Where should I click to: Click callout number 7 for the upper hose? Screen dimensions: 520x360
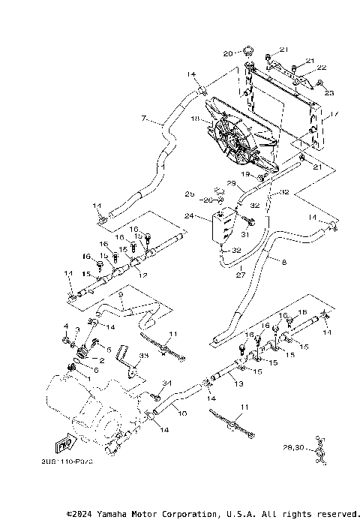click(x=142, y=119)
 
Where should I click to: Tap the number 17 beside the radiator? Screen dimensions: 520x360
click(x=335, y=114)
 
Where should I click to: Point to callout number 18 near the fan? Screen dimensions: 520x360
click(x=196, y=119)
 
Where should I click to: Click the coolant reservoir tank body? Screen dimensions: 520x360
click(x=221, y=227)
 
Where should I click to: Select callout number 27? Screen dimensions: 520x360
click(x=241, y=275)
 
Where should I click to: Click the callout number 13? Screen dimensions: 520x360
click(x=238, y=383)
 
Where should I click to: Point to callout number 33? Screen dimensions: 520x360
click(x=144, y=356)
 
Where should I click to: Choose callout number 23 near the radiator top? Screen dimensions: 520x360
click(x=328, y=92)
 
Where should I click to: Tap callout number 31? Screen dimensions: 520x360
click(x=245, y=235)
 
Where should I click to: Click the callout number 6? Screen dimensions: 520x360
click(x=95, y=371)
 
